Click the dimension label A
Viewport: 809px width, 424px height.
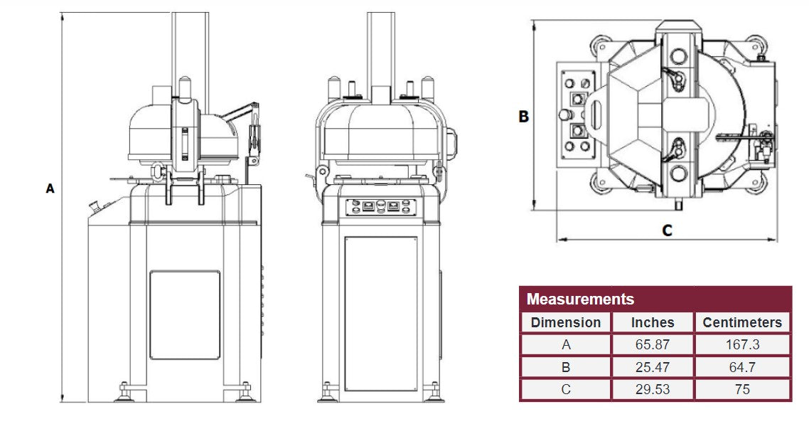tap(50, 189)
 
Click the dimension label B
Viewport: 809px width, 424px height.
tap(524, 117)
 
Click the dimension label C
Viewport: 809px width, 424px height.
tap(667, 230)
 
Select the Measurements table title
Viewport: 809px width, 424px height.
tap(580, 299)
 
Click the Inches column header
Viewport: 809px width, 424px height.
tap(652, 322)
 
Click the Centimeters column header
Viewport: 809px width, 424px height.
tap(741, 322)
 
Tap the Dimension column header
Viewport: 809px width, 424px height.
tap(566, 322)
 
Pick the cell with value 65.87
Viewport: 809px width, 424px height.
tap(652, 345)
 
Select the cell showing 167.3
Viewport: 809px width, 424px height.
tap(741, 345)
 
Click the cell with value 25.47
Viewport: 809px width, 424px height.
tap(652, 367)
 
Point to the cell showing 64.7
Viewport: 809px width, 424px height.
tap(741, 367)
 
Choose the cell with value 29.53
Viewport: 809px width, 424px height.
tap(652, 390)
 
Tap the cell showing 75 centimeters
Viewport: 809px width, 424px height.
tap(741, 390)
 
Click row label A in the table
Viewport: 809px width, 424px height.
tap(566, 345)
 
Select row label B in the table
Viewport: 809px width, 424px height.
tap(566, 367)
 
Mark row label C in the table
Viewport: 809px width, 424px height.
tap(566, 390)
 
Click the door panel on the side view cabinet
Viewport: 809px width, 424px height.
tap(185, 314)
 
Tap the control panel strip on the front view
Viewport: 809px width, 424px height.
tap(380, 207)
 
